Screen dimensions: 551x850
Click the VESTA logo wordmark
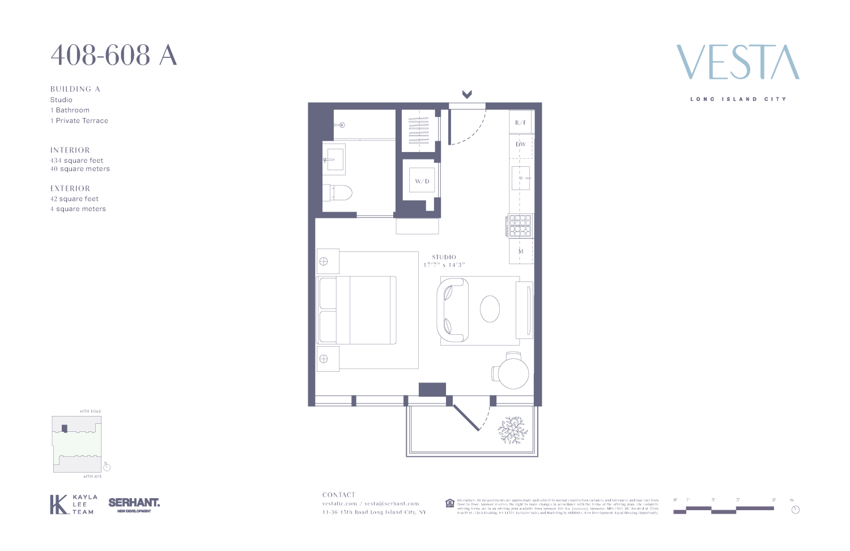click(x=738, y=62)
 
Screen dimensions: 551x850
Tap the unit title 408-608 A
click(x=114, y=56)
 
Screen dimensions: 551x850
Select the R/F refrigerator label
click(x=520, y=123)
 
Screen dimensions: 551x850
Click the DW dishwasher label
click(x=520, y=144)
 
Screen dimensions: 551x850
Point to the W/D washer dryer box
click(x=422, y=181)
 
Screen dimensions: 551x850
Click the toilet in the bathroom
click(x=338, y=193)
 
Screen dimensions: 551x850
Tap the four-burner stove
click(x=520, y=225)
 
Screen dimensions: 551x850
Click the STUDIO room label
click(x=444, y=257)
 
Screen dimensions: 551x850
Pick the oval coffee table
click(x=490, y=309)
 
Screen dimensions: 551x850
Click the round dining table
click(x=513, y=372)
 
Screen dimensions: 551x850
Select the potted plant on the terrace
click(x=513, y=430)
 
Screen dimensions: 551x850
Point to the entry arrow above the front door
click(x=467, y=94)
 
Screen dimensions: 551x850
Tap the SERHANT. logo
click(x=134, y=503)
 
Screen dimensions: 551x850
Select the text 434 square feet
click(x=76, y=161)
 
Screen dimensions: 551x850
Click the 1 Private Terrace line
click(x=79, y=121)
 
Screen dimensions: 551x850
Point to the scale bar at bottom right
click(x=724, y=509)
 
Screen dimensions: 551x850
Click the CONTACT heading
click(x=338, y=495)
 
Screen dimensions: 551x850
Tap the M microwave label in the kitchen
click(x=521, y=251)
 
